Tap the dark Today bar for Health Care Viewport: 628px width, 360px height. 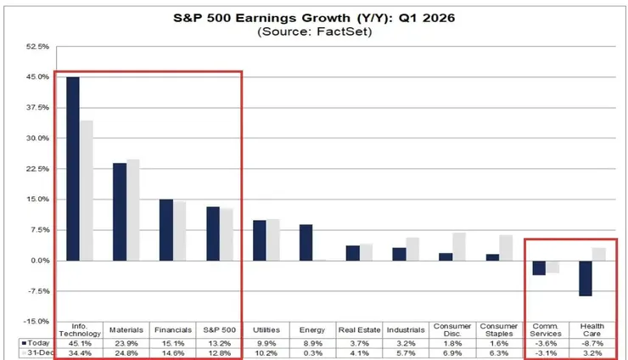pos(584,278)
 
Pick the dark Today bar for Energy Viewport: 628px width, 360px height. pos(306,242)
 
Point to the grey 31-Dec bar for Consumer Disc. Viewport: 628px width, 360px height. pos(459,246)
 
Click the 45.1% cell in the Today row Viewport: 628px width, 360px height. pos(80,343)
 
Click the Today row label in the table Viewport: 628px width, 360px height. pos(36,343)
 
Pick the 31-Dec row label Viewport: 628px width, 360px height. pos(35,353)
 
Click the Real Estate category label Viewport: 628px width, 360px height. pos(358,329)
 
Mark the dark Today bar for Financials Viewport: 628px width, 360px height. pos(166,229)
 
